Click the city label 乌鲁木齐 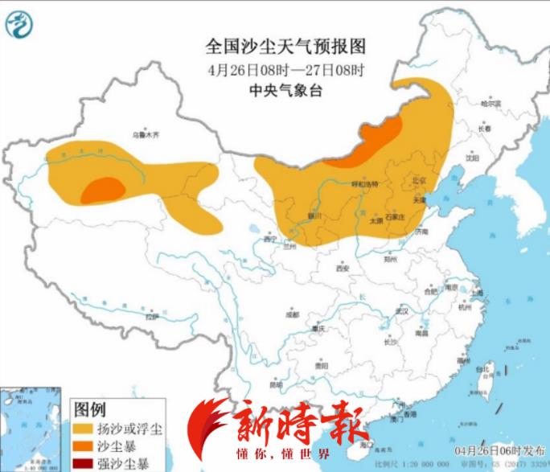[x=141, y=134]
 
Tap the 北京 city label [x=417, y=181]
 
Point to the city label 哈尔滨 [x=490, y=104]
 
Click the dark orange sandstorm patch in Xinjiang [x=103, y=190]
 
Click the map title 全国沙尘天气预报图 [x=274, y=44]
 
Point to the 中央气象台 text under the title [x=274, y=91]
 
